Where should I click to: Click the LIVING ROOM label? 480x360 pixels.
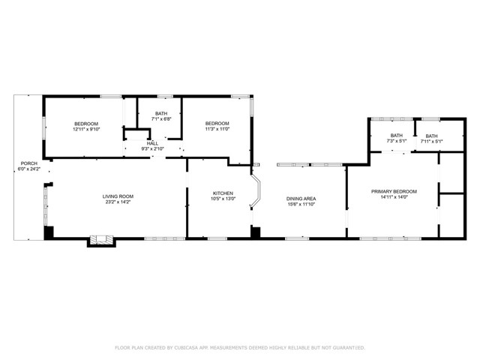pos(118,196)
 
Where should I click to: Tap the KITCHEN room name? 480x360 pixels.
pos(223,193)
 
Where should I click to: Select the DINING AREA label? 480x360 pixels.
pos(301,198)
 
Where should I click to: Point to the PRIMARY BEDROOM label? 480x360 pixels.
pos(394,191)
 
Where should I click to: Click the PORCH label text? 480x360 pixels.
pos(28,163)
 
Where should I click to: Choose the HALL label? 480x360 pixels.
pos(152,142)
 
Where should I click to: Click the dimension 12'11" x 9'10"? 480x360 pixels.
pos(86,129)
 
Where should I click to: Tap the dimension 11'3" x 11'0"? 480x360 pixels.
pos(217,129)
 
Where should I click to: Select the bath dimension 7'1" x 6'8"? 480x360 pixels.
pos(161,118)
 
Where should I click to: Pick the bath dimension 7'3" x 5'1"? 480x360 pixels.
pos(396,141)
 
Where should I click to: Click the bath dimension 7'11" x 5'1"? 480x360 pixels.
pos(431,142)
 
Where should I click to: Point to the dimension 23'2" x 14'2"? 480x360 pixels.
pos(118,202)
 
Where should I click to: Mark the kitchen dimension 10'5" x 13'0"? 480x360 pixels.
pos(223,199)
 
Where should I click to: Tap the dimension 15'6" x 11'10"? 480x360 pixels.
pos(301,204)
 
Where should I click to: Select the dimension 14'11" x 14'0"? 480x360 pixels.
pos(394,197)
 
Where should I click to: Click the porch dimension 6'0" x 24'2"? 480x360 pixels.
pos(28,169)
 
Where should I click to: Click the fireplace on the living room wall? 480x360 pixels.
pos(100,241)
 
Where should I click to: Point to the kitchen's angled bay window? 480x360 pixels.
pos(256,192)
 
